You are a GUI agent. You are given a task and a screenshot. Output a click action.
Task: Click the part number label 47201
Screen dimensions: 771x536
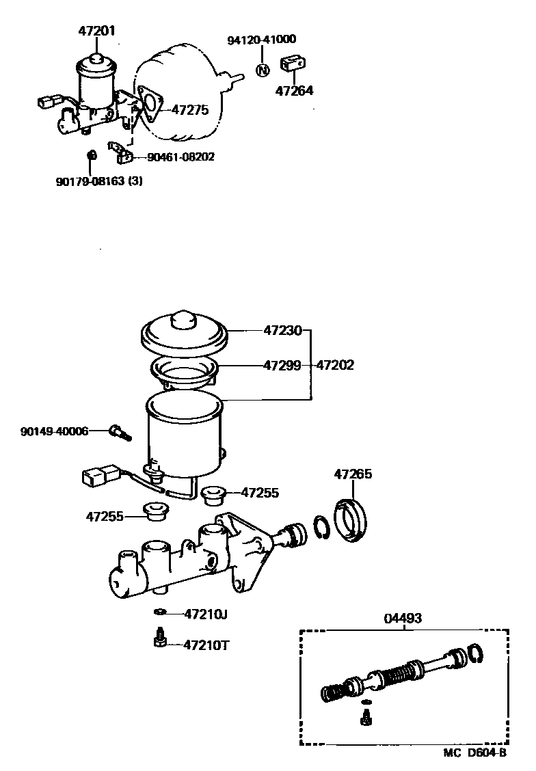96,30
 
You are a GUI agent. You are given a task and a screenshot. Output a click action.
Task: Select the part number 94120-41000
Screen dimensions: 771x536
262,40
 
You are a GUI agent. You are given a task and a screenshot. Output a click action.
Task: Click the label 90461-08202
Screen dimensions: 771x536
181,157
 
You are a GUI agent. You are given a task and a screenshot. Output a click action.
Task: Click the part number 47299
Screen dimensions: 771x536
282,366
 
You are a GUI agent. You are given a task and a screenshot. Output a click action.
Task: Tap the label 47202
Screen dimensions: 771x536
335,366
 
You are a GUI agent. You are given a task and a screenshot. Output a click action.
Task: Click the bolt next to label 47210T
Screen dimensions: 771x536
159,639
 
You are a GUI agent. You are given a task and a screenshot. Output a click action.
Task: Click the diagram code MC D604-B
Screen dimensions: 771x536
474,753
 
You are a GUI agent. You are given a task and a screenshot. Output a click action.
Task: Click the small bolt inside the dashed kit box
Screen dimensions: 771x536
366,716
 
